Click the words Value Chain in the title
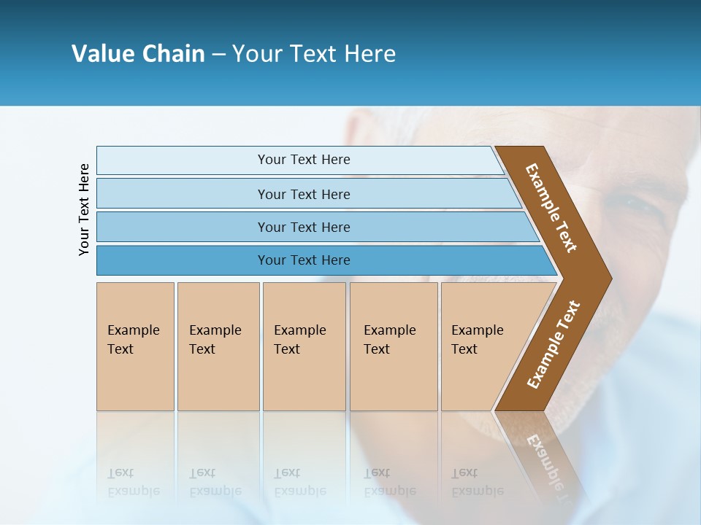138,54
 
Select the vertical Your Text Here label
84,209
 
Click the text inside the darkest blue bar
304,260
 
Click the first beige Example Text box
135,346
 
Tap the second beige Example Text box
218,346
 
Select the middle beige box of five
304,346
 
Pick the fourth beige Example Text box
394,346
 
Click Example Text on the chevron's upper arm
551,208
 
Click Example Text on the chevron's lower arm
553,345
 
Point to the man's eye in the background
643,206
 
